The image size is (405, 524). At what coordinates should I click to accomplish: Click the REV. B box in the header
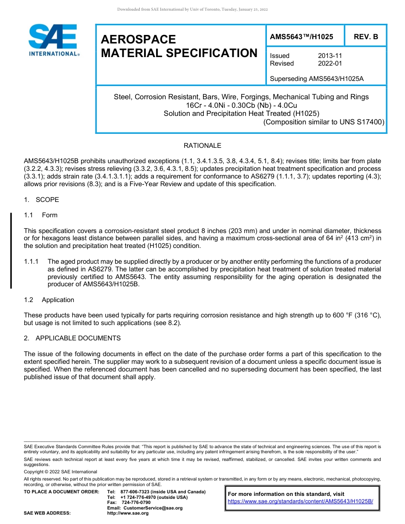[x=366, y=37]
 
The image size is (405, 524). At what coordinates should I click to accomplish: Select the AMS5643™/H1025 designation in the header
[x=301, y=37]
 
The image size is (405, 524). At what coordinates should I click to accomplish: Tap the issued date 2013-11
[x=330, y=56]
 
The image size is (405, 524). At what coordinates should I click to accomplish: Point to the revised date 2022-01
[x=330, y=63]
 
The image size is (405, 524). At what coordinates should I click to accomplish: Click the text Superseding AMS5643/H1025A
[x=317, y=79]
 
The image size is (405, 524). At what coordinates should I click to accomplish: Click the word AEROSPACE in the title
[x=138, y=40]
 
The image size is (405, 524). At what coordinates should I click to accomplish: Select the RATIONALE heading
[x=202, y=146]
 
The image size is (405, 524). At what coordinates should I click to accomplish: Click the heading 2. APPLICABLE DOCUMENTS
[x=72, y=338]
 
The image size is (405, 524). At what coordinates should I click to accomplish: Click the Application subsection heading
[x=58, y=300]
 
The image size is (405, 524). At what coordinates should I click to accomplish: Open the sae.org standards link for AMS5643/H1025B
[x=300, y=501]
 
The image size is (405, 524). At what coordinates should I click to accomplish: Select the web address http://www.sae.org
[x=128, y=513]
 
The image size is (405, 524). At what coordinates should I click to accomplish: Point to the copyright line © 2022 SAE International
[x=61, y=472]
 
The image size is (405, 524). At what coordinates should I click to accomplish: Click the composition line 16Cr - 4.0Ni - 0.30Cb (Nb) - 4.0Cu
[x=241, y=105]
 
